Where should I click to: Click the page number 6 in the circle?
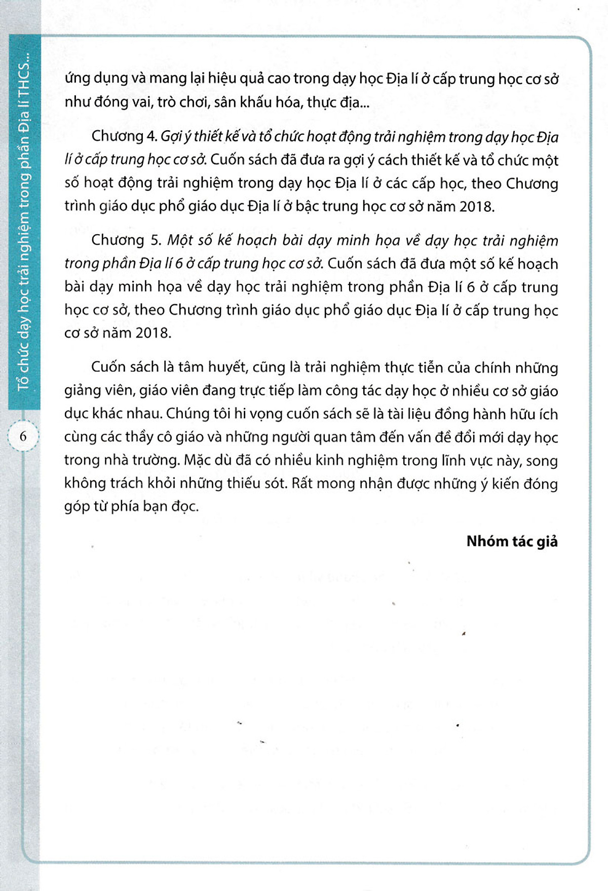coord(23,436)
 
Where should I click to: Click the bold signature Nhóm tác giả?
coord(512,541)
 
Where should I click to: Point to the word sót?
coord(275,483)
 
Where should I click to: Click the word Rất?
coord(302,483)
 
